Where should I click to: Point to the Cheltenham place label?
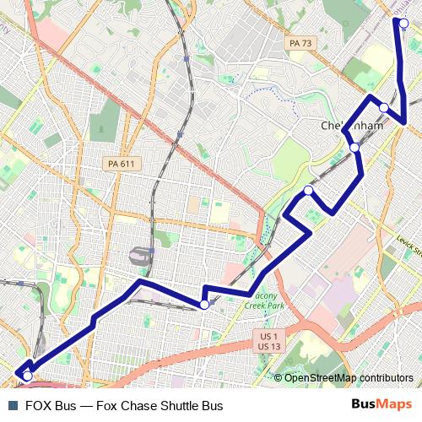coord(352,126)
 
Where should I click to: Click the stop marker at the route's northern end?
coord(404,23)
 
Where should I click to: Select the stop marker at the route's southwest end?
coord(28,376)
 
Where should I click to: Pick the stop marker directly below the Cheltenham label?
coord(354,148)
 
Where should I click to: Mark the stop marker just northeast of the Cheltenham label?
coord(384,107)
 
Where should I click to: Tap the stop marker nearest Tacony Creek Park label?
coord(204,305)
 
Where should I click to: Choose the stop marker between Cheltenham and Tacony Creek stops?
coord(308,191)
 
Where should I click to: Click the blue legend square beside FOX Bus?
coord(12,406)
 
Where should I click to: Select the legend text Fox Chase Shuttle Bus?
coord(160,406)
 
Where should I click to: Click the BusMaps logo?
coord(381,406)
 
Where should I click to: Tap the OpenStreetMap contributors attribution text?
coord(349,377)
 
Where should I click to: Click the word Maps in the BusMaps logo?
coord(393,406)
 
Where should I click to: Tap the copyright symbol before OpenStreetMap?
coord(278,377)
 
